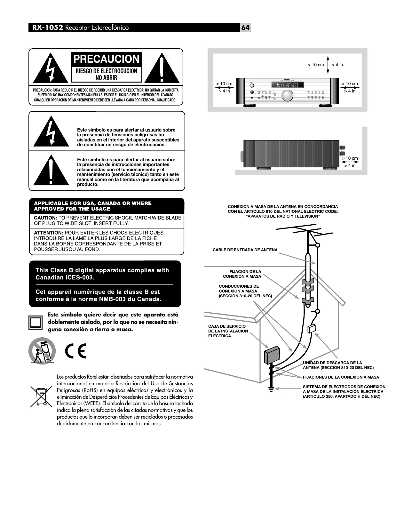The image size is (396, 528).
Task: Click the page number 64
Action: point(245,28)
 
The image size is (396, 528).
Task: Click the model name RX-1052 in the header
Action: point(47,28)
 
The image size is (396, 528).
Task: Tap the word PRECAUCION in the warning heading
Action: point(107,59)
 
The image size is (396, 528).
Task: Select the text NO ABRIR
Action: point(107,78)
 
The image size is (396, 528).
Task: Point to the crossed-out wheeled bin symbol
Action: point(41,396)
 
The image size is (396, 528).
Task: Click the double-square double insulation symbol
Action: point(35,322)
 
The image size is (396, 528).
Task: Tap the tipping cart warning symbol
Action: point(42,350)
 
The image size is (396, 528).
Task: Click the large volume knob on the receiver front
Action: point(287,95)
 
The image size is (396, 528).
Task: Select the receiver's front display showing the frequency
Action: point(287,85)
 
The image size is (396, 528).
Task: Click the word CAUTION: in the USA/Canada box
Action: point(45,218)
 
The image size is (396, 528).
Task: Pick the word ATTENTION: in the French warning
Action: point(49,233)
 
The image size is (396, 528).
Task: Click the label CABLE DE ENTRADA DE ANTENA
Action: point(245,250)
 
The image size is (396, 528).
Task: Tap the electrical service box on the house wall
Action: point(272,355)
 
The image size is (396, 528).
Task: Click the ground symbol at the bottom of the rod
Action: point(271,389)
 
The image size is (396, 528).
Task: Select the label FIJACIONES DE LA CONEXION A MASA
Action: point(341,377)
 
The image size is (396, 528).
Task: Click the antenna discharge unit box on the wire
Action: point(312,329)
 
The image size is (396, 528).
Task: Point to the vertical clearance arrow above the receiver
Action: point(328,65)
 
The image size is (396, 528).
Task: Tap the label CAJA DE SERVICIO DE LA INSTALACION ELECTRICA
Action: point(228,331)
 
